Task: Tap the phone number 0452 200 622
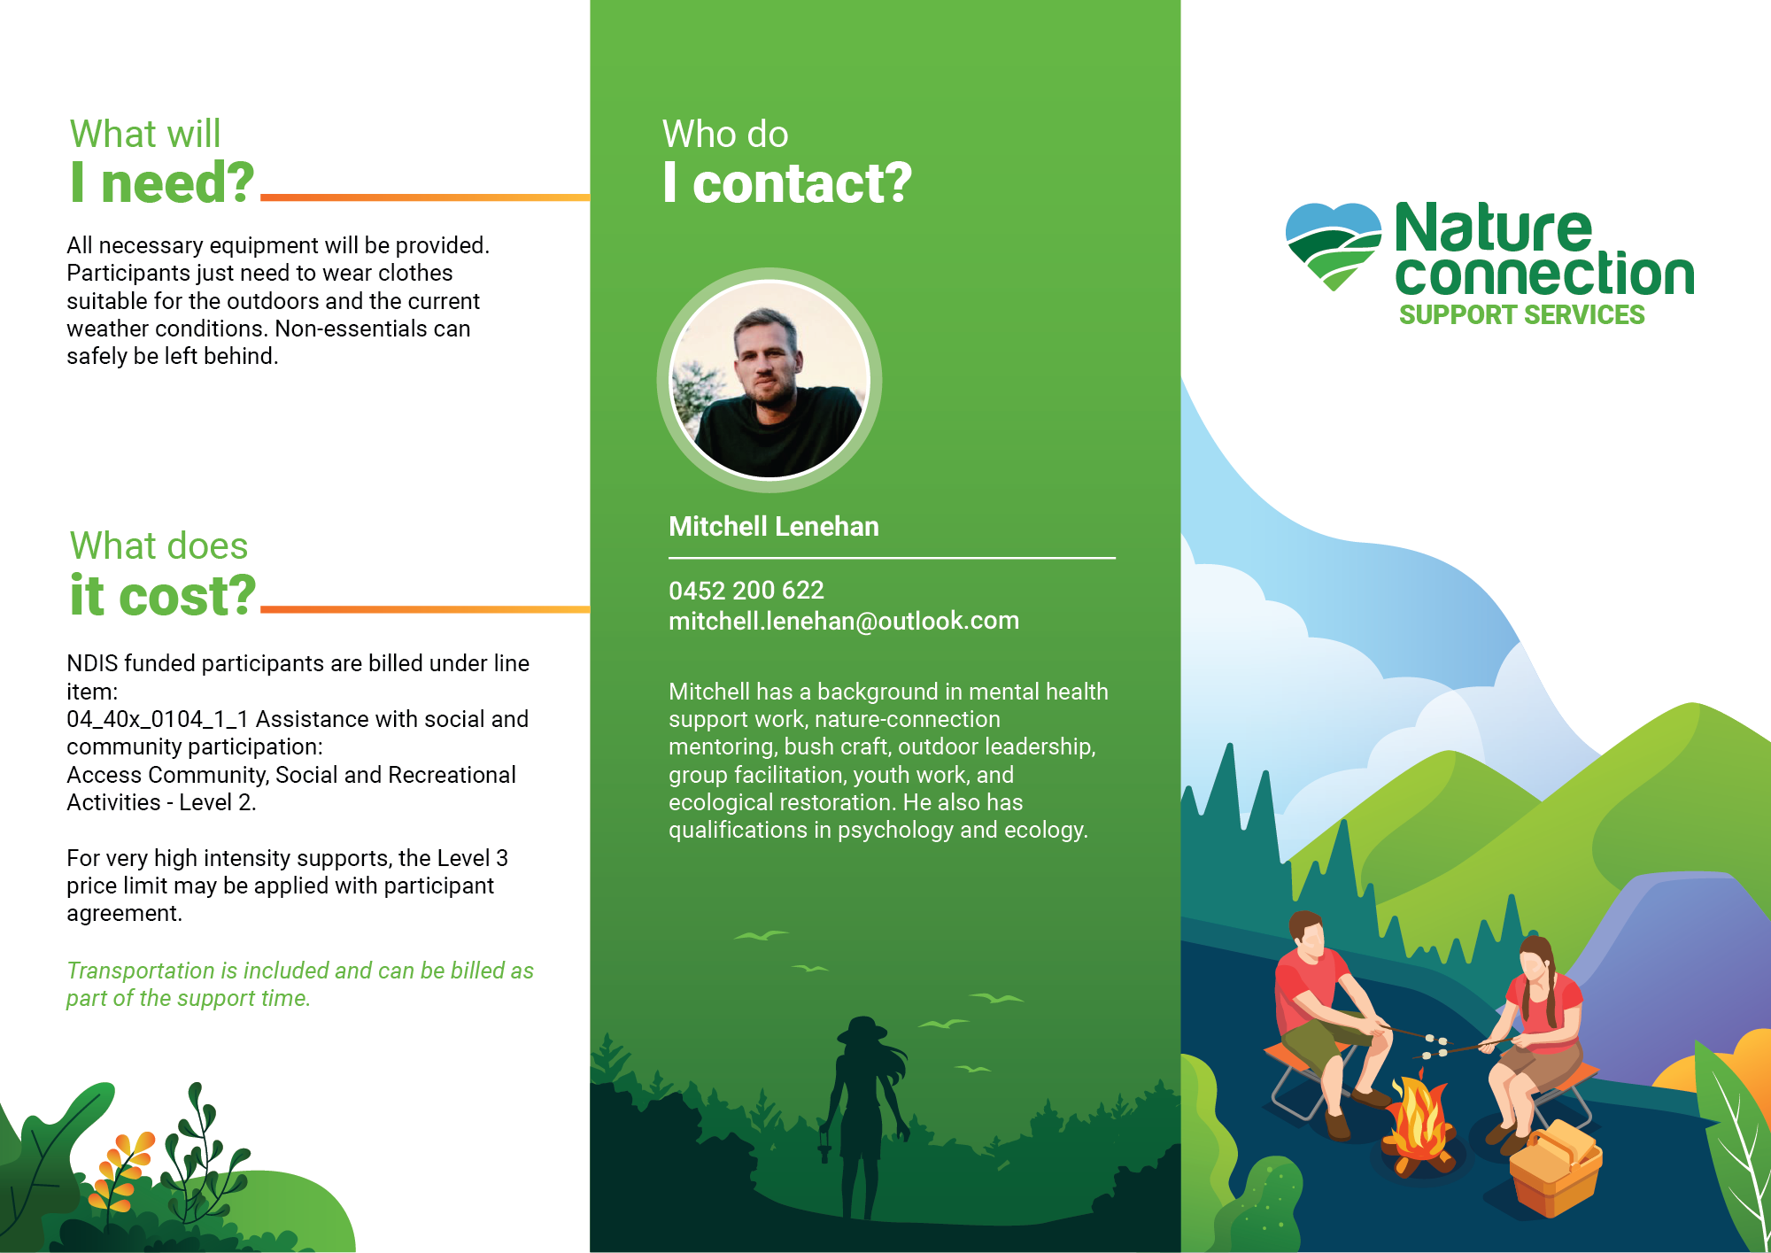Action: tap(746, 591)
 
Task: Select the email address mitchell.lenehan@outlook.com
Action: tap(844, 621)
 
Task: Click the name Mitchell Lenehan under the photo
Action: tap(774, 527)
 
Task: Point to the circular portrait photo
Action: tap(769, 380)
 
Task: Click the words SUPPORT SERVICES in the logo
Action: tap(1521, 315)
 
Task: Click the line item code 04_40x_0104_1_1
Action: tap(158, 719)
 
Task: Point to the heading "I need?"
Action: tap(162, 182)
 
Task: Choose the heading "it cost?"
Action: tap(163, 595)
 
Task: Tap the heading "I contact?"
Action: tap(787, 183)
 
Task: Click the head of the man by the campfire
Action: tap(1306, 932)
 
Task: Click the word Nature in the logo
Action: tap(1493, 228)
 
